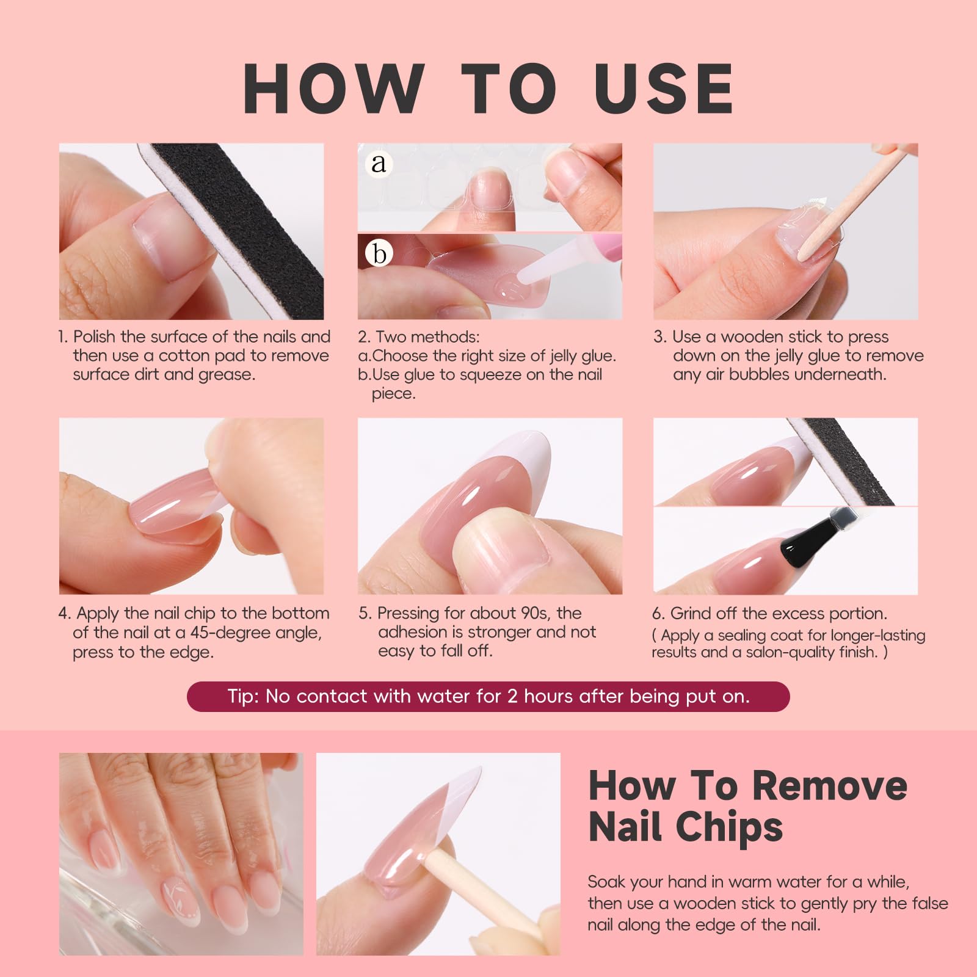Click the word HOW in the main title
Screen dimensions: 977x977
coord(334,89)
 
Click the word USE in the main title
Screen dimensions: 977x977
coord(664,89)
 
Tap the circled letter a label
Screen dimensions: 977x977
coord(379,163)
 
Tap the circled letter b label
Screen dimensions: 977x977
coord(379,253)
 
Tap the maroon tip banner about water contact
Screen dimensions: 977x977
coord(488,697)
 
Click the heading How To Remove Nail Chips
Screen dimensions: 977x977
coord(747,805)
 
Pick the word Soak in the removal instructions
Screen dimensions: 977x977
coord(606,882)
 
